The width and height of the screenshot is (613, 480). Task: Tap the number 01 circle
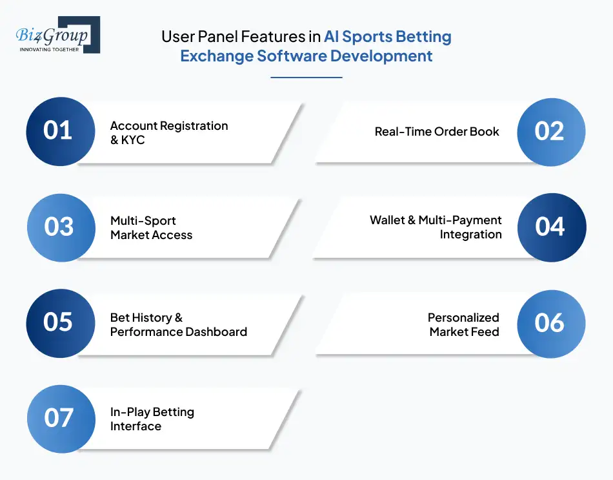tap(58, 131)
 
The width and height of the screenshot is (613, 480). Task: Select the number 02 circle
tap(550, 131)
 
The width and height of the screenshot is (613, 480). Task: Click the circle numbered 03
tap(59, 227)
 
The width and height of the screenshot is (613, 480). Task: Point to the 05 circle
tap(58, 322)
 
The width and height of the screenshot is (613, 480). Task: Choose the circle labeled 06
tap(550, 322)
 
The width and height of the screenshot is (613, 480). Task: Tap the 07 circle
tap(59, 418)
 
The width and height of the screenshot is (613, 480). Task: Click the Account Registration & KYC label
tap(169, 132)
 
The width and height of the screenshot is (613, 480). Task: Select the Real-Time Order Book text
tap(437, 132)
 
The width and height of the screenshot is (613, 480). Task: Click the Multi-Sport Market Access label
tap(151, 228)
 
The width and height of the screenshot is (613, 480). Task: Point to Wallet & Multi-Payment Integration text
tap(436, 227)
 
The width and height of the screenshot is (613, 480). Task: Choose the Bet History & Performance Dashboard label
tap(178, 324)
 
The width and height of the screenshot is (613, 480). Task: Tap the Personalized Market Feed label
tap(463, 324)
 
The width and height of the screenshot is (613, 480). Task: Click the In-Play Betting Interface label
tap(152, 419)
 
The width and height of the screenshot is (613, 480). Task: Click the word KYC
tap(133, 140)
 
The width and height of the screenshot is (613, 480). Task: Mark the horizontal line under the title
tap(306, 78)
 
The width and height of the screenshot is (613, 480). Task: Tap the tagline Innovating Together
tap(50, 49)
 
